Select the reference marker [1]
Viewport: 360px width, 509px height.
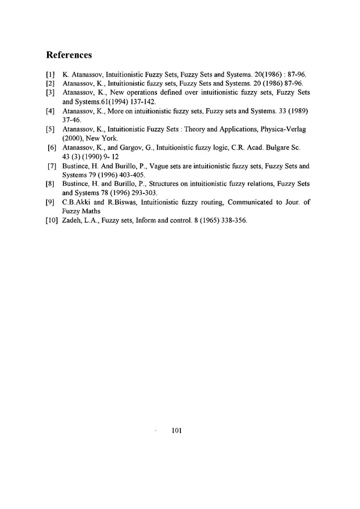click(x=49, y=74)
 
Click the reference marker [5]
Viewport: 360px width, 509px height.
click(x=49, y=129)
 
